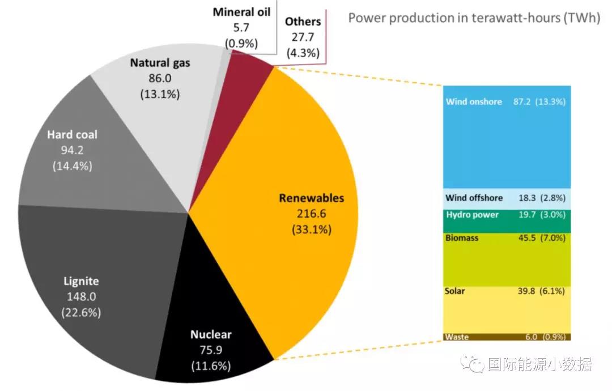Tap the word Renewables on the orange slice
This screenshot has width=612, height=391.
(x=311, y=198)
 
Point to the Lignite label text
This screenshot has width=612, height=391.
(x=80, y=281)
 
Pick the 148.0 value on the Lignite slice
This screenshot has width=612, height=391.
(x=80, y=296)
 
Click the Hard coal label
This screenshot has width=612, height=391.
(x=72, y=135)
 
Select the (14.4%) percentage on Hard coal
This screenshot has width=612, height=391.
(x=72, y=167)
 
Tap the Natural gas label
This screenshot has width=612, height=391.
(x=160, y=63)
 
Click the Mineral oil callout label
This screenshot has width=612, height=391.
(x=242, y=12)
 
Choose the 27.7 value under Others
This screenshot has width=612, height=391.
(x=303, y=38)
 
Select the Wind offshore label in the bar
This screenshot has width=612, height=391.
(x=474, y=198)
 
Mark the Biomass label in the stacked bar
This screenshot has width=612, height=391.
(x=462, y=238)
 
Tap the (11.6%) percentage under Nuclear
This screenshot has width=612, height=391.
(x=211, y=366)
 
